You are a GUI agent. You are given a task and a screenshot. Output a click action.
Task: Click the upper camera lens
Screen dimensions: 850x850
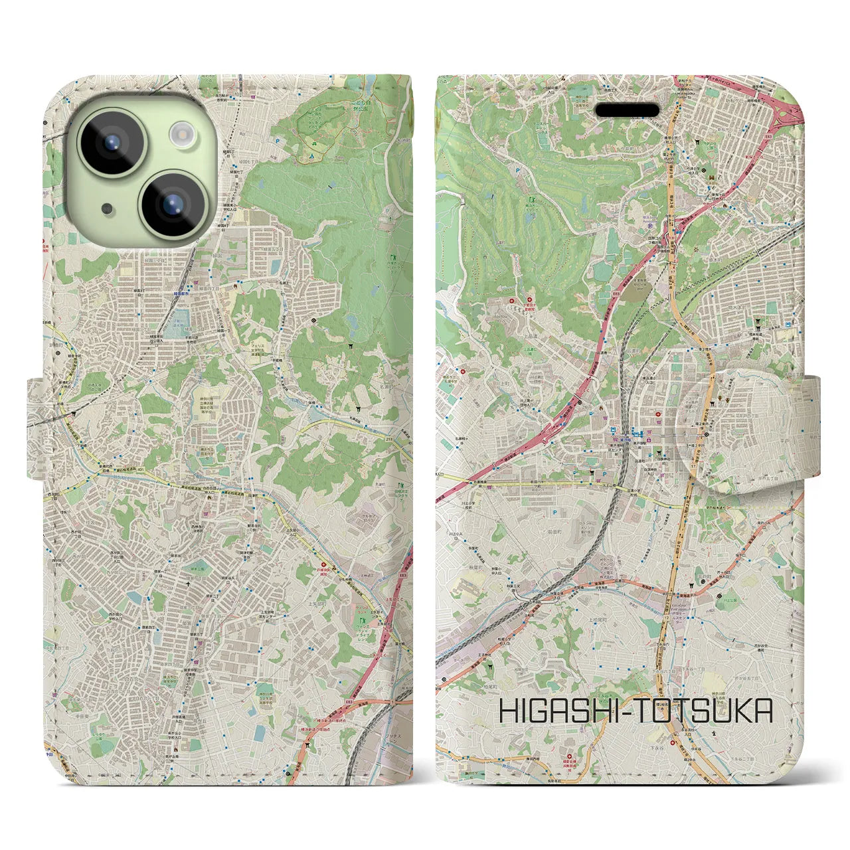[112, 141]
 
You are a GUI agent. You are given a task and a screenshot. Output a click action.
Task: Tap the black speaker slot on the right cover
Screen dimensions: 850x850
[628, 110]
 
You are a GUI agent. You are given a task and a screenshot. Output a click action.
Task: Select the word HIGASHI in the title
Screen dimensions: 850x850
[559, 711]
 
